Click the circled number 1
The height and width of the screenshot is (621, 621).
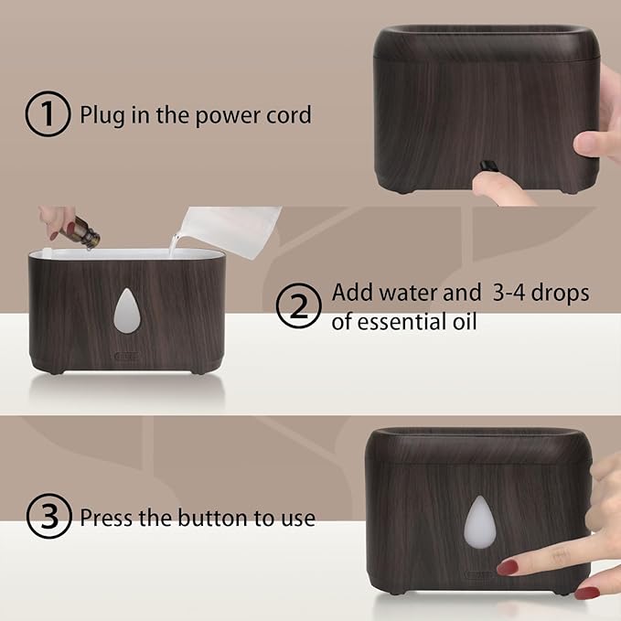tap(46, 116)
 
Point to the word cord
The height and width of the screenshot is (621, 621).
tap(289, 115)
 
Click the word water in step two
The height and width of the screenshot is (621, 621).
tap(412, 294)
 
